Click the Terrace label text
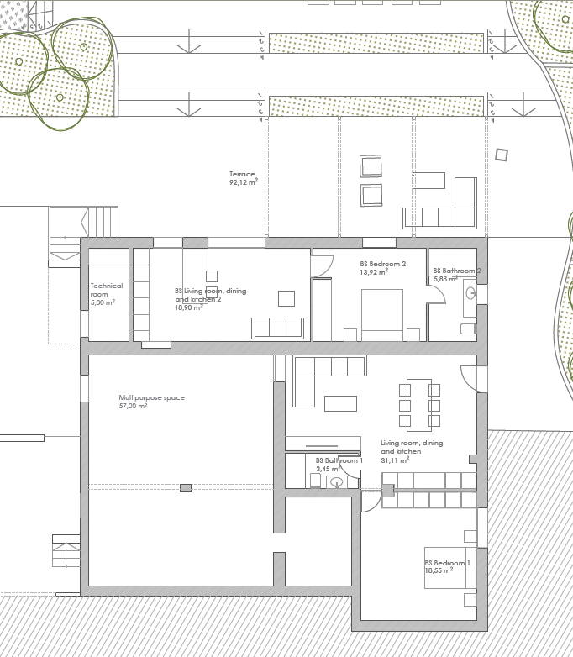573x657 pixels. point(242,174)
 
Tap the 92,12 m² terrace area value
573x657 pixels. point(243,182)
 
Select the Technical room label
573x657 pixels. point(107,290)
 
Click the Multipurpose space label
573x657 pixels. point(151,397)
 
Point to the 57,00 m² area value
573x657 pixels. point(133,406)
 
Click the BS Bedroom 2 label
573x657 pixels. point(382,264)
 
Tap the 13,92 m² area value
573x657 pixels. point(374,272)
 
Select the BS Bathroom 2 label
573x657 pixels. point(457,271)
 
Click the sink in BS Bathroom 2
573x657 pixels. point(470,292)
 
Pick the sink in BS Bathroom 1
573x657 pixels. point(337,482)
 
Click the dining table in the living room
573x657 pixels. point(419,405)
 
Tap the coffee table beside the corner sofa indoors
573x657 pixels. point(341,403)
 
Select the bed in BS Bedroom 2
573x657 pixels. point(382,315)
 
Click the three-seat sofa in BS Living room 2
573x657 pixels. point(277,328)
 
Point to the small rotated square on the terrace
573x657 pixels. point(502,155)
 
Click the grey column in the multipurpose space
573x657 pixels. point(186,488)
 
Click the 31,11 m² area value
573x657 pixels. point(395,460)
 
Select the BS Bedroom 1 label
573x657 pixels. point(447,563)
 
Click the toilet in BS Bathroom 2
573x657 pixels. point(468,328)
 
